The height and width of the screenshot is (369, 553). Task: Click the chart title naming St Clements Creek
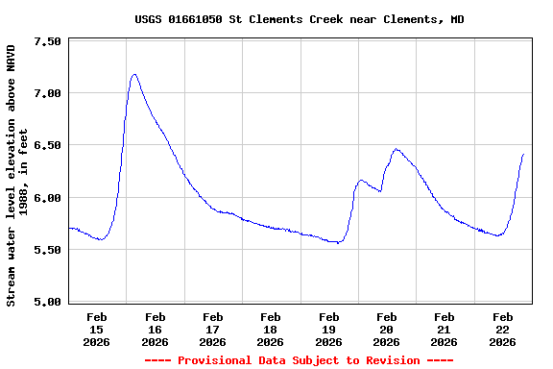299,19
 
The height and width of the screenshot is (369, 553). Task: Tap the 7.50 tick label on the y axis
47,41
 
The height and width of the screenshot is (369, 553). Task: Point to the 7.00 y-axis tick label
47,93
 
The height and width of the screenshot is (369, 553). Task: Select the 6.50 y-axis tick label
47,145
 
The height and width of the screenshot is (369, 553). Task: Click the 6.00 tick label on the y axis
47,198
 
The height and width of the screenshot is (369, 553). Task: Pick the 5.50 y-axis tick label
47,250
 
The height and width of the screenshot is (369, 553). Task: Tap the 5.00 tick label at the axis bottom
47,302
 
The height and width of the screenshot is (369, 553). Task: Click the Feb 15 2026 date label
97,329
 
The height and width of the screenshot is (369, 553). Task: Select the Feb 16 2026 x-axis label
155,329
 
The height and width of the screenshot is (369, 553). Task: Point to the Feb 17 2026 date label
212,329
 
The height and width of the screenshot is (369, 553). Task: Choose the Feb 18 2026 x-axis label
271,329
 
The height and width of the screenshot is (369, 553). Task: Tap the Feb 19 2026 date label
328,329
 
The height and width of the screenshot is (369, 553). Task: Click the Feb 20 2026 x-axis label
386,329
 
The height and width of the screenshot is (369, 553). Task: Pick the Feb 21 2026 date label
445,329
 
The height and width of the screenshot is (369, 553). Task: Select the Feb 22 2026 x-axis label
502,329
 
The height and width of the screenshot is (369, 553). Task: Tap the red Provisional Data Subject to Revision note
299,360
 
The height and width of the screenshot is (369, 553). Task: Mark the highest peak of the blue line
134,74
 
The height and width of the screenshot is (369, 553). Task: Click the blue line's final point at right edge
523,154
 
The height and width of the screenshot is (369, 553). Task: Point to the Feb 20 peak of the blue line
396,149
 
